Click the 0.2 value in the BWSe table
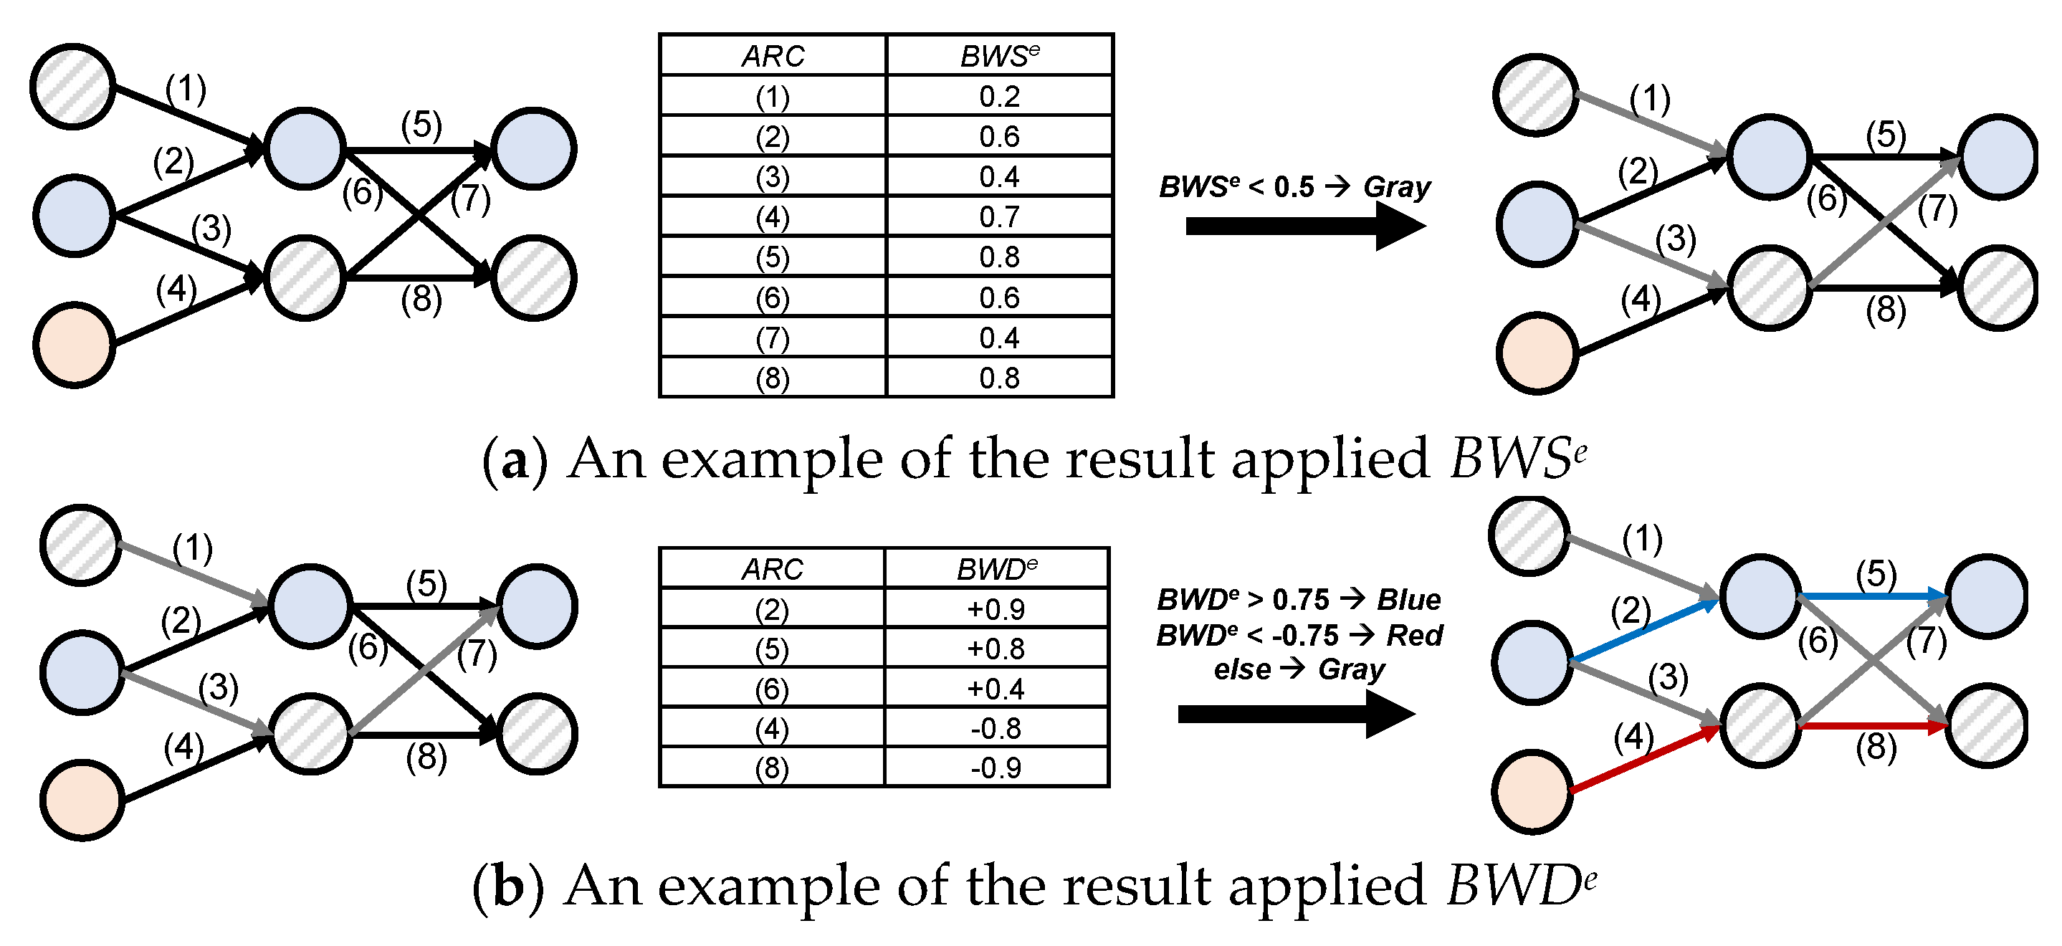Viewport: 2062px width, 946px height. point(999,97)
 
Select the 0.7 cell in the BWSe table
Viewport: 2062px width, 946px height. point(999,217)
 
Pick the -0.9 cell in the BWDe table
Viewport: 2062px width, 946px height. point(996,768)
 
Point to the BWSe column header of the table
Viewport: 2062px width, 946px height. point(999,56)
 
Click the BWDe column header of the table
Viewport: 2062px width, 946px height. point(996,569)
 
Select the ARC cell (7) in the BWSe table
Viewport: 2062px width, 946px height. point(773,338)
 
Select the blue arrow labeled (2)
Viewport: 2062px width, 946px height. point(1641,632)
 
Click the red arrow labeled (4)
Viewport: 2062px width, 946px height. point(1641,760)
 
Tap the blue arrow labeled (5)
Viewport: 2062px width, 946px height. point(1873,596)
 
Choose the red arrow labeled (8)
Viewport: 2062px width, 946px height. point(1873,726)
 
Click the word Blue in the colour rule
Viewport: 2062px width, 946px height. point(1409,599)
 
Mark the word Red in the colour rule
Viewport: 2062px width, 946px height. point(1414,636)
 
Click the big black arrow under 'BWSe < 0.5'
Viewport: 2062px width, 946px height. point(1304,226)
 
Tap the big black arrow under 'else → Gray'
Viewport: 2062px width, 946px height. point(1297,714)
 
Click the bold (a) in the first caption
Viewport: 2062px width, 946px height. point(515,460)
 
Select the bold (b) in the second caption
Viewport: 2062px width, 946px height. point(507,887)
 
